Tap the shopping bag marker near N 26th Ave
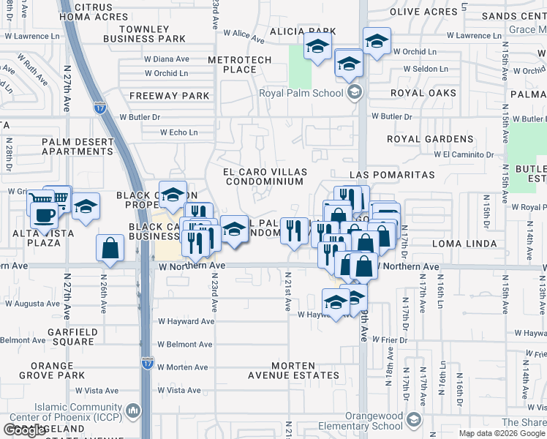pos(110,249)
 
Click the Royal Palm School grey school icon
pos(355,92)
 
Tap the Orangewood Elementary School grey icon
pos(414,420)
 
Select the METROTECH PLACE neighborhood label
pos(240,64)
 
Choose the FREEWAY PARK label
pos(170,96)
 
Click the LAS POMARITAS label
pos(392,176)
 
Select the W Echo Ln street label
pos(179,132)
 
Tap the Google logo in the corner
pos(24,429)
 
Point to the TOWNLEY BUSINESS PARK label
pos(145,33)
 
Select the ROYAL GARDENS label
pos(430,139)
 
